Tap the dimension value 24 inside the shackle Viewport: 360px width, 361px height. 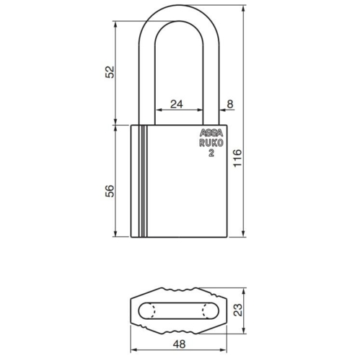176,104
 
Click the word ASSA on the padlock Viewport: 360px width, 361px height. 211,135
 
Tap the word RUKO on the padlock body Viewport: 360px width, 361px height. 211,144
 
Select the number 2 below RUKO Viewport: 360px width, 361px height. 211,153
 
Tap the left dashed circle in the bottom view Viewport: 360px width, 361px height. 149,311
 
